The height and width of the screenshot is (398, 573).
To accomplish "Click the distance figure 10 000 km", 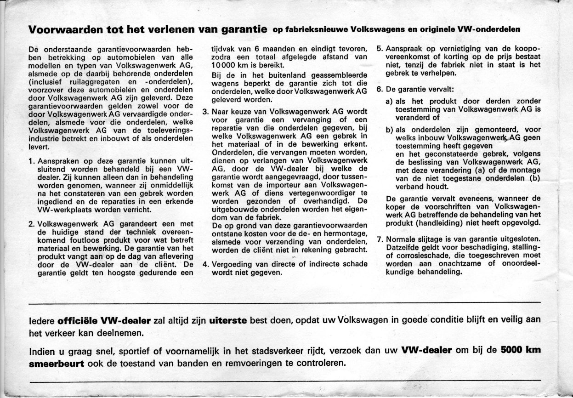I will [x=228, y=65].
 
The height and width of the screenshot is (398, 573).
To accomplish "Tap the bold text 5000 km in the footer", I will [x=521, y=349].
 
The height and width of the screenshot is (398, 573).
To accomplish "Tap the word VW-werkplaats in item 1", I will [x=58, y=209].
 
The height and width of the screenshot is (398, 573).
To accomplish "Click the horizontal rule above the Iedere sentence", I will [x=285, y=304].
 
